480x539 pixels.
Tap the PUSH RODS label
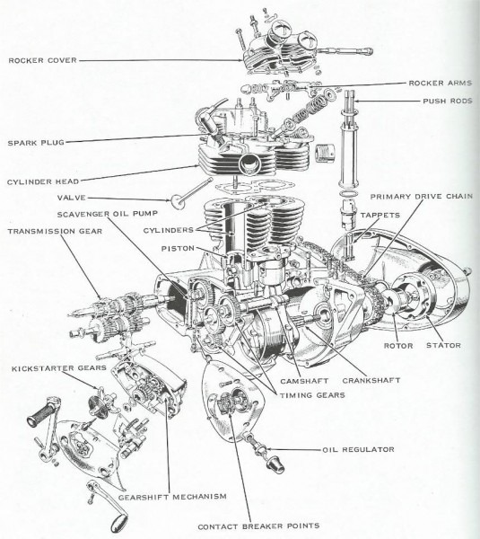446,101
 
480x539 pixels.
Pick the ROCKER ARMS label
440,83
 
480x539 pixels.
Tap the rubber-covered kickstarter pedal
44,419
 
